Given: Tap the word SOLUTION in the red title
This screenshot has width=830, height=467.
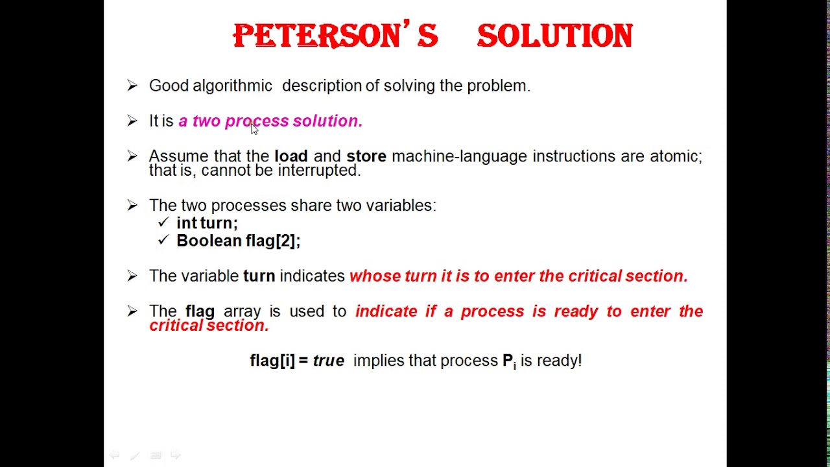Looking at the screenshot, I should [x=554, y=36].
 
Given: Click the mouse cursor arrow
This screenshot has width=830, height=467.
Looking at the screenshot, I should [x=254, y=128].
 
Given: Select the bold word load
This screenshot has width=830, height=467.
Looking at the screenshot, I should [x=290, y=156].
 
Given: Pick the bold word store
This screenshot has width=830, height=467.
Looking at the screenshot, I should [x=366, y=156].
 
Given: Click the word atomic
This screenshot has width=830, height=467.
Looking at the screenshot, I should [x=676, y=156].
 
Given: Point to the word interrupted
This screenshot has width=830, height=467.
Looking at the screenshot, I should [x=318, y=171].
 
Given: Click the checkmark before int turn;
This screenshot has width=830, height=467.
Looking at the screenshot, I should [x=163, y=222].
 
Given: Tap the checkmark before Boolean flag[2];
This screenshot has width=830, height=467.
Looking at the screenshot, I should [x=163, y=240].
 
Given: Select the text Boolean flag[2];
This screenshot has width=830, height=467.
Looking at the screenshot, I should [x=238, y=241].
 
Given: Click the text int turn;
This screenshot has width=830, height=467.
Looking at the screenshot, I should [x=207, y=223].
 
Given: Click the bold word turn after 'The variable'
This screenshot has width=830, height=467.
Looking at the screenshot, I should [x=259, y=276].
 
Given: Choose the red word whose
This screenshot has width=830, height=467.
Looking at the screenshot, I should [x=375, y=276].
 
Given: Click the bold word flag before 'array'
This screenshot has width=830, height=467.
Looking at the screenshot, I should [x=200, y=311].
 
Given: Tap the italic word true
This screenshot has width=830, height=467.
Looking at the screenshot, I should [x=328, y=361].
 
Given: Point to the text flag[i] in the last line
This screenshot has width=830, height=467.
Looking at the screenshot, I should [x=272, y=361].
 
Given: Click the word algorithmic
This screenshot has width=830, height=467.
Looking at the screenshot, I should [x=232, y=86].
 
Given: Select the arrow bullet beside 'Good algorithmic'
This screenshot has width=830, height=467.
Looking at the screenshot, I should [x=132, y=86].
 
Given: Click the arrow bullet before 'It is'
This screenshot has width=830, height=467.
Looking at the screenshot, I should [x=132, y=121].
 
